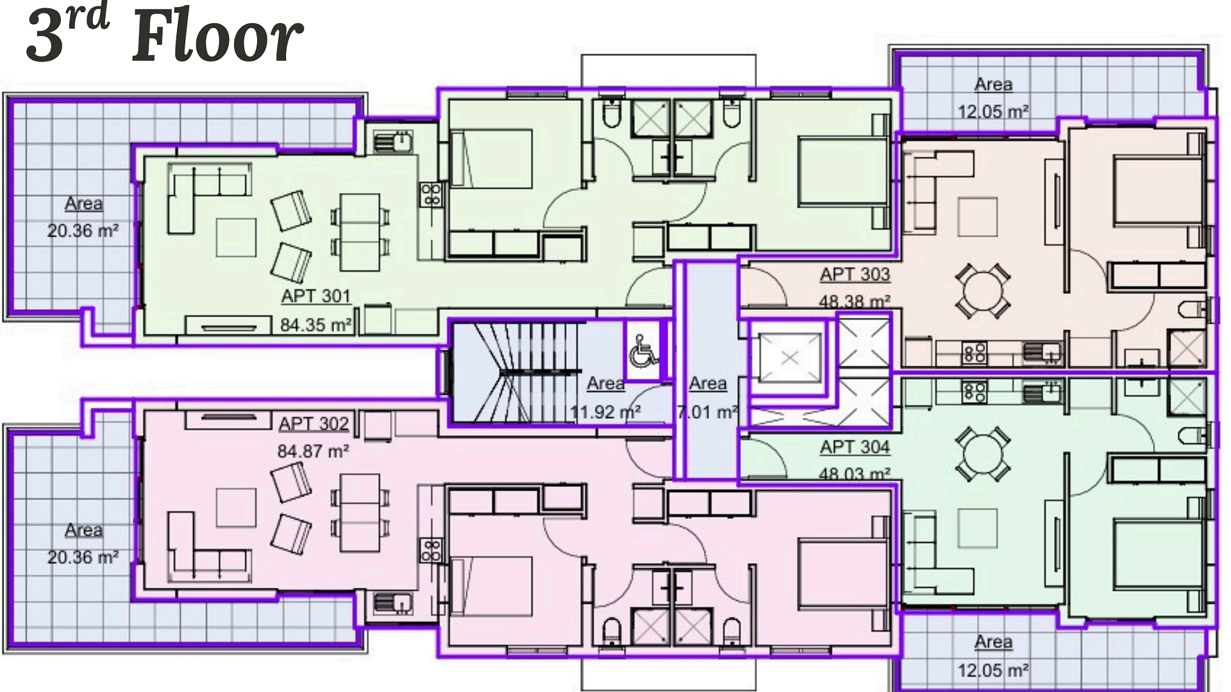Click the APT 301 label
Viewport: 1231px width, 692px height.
point(316,296)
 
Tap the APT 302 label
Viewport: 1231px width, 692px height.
point(314,424)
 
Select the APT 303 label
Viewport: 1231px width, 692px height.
point(855,274)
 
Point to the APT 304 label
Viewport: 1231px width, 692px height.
point(855,447)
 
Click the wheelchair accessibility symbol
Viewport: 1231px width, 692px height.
point(642,350)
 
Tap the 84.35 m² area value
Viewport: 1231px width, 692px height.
point(316,325)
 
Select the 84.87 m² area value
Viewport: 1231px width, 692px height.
point(313,451)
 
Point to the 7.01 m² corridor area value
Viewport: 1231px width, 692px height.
point(708,412)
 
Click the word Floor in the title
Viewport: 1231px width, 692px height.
point(217,37)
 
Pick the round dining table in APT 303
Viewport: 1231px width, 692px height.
point(983,291)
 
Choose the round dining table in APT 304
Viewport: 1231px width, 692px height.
point(983,454)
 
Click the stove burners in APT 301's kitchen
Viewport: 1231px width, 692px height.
point(431,195)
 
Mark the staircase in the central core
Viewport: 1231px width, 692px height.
point(516,372)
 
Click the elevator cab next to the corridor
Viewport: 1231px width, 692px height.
point(790,358)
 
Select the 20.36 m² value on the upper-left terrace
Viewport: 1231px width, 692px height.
point(83,231)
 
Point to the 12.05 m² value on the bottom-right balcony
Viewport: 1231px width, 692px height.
point(994,670)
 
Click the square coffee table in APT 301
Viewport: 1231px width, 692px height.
point(236,238)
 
